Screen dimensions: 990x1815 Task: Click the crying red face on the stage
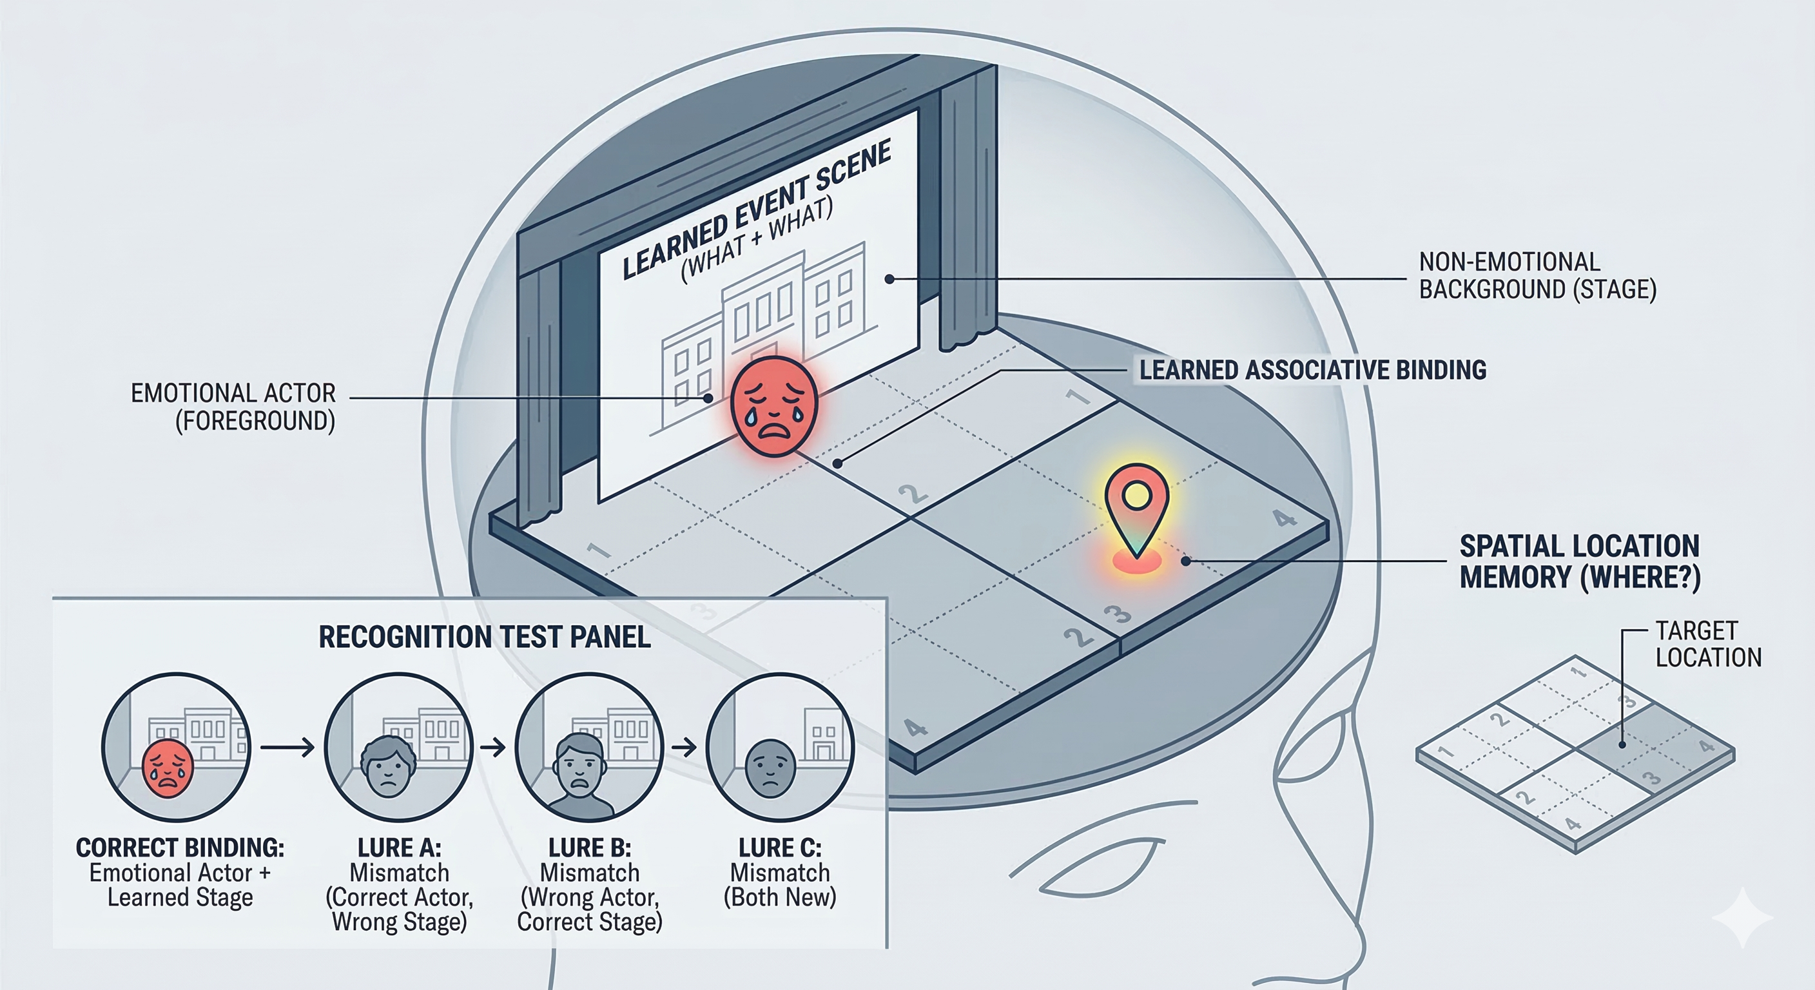point(773,407)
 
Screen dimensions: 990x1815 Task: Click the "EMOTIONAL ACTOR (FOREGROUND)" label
point(233,407)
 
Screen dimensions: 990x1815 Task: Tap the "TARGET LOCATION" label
point(1708,644)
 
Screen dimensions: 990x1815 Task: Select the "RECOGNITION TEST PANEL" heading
point(485,637)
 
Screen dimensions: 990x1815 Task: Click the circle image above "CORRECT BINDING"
point(176,747)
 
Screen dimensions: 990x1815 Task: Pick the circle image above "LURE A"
point(399,747)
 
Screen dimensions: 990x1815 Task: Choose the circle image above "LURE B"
point(589,747)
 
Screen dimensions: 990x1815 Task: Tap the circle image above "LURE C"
point(779,747)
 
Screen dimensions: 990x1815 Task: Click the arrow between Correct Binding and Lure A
point(287,747)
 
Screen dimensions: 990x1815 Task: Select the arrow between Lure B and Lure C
point(684,747)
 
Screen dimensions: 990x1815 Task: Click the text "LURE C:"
point(779,847)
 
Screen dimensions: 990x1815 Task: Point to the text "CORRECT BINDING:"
point(180,847)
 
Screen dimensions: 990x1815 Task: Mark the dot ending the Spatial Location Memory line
point(1187,561)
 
